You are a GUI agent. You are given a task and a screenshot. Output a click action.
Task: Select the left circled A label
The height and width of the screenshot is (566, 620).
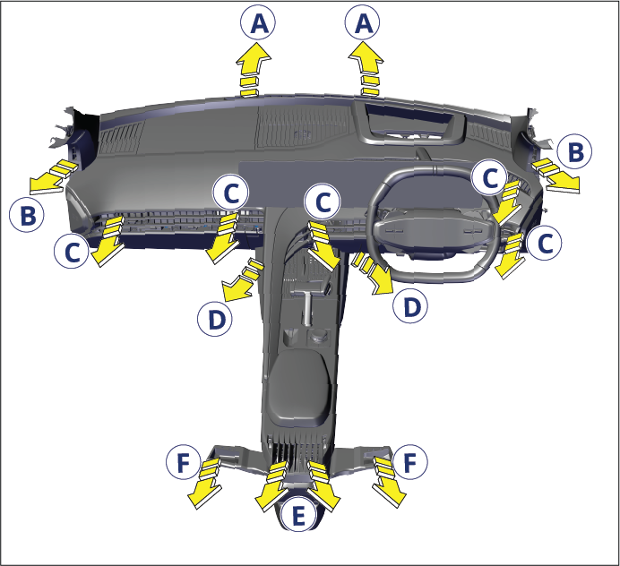click(258, 22)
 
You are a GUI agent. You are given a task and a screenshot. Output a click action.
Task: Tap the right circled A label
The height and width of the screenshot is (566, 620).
click(363, 22)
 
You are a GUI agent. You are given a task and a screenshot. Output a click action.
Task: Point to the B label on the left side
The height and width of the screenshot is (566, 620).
click(27, 215)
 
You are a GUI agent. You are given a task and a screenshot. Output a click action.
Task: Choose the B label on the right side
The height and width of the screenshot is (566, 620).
click(574, 151)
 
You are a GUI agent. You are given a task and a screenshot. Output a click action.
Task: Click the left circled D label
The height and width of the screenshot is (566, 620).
click(215, 319)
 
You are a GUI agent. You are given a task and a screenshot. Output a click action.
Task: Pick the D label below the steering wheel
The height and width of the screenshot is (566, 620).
click(410, 305)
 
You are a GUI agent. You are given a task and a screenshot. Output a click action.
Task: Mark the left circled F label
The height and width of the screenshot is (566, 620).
click(184, 462)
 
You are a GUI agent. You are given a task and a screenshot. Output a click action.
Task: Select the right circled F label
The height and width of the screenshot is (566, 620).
click(410, 461)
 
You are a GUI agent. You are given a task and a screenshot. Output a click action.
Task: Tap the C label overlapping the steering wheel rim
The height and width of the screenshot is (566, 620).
click(490, 177)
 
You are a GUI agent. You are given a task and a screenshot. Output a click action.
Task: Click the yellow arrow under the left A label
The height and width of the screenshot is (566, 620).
click(253, 70)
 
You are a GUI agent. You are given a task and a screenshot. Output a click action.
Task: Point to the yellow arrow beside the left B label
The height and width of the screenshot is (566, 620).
click(51, 176)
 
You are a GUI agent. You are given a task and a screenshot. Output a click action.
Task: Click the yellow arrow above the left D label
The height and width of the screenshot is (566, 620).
click(242, 279)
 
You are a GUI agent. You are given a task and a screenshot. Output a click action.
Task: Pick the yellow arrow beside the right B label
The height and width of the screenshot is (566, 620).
click(555, 176)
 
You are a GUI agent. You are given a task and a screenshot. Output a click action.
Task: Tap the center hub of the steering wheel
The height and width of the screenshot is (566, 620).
click(434, 229)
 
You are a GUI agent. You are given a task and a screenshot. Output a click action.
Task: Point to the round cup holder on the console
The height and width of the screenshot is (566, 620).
click(318, 337)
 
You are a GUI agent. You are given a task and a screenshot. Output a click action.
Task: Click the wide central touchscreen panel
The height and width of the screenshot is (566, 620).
click(360, 184)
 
